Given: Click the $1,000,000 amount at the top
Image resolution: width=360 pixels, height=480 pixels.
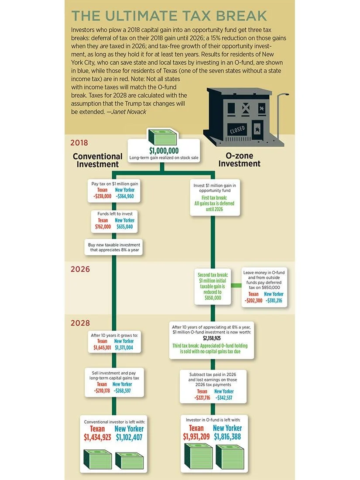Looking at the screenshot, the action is tap(164, 151).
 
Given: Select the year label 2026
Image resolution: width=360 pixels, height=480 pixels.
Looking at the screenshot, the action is tap(80, 269).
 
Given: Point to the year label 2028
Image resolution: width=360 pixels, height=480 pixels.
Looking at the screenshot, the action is tap(80, 323).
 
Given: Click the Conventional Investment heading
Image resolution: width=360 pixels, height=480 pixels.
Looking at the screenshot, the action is tap(97, 160).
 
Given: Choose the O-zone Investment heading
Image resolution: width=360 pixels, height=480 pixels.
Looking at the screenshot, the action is tap(239, 160).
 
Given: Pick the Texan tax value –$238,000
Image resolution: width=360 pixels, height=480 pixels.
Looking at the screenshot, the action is tap(103, 197).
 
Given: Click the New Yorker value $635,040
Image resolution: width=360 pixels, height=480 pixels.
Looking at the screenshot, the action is tap(125, 227).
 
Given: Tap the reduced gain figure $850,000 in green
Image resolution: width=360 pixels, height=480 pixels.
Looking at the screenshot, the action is tap(213, 298).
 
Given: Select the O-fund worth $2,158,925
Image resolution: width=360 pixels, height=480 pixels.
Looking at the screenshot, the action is tap(212, 338).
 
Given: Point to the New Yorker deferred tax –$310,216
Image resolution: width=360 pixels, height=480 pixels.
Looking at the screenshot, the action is tap(274, 301).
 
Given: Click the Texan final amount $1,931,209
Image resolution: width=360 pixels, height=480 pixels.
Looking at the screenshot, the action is tap(196, 436).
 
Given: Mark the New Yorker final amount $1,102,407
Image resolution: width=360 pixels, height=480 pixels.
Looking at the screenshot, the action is tap(129, 437).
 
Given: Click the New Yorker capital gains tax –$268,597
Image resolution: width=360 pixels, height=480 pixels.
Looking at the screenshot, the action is tap(122, 391).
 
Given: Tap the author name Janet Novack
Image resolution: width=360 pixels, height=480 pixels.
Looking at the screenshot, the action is tap(130, 111).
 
